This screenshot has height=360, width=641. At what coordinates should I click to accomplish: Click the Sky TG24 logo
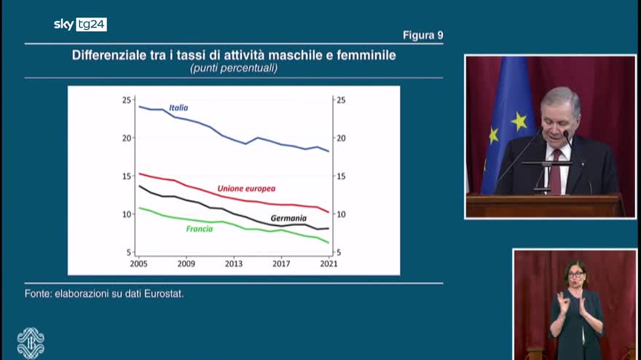coord(80,24)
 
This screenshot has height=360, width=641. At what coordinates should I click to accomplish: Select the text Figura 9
coord(422,35)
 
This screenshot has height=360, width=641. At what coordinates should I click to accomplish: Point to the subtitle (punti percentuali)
coord(234,68)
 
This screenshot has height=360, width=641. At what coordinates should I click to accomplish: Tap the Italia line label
coord(178,108)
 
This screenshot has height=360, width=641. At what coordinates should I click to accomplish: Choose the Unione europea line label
coord(246,189)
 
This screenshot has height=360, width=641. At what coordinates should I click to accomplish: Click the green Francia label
coord(199,229)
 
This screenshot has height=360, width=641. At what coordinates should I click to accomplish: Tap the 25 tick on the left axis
coord(127,100)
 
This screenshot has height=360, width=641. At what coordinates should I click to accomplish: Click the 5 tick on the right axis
coord(337,252)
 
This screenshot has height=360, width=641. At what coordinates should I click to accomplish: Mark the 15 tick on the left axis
coord(127,176)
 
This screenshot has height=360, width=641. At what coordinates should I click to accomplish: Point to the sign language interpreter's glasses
coord(575,275)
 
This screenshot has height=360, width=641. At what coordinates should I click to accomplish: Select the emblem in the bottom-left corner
coord(31,343)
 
